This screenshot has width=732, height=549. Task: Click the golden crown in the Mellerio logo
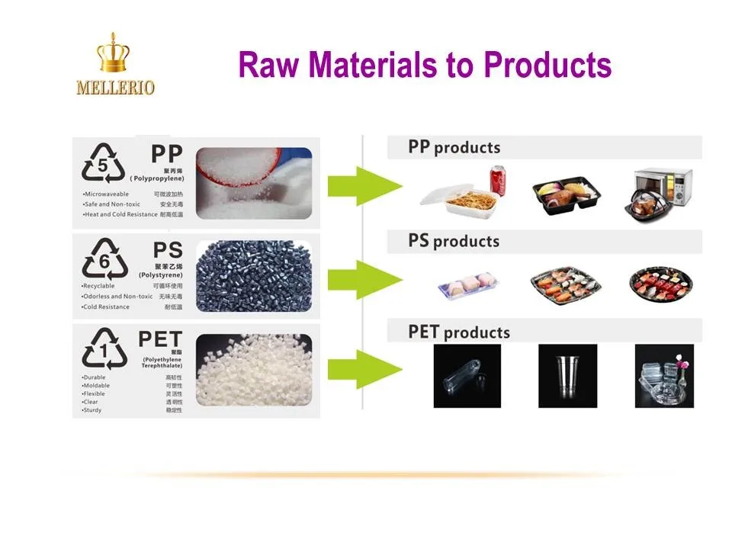[114, 55]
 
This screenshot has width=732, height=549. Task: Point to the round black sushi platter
[660, 287]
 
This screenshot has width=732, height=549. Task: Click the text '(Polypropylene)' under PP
[157, 178]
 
